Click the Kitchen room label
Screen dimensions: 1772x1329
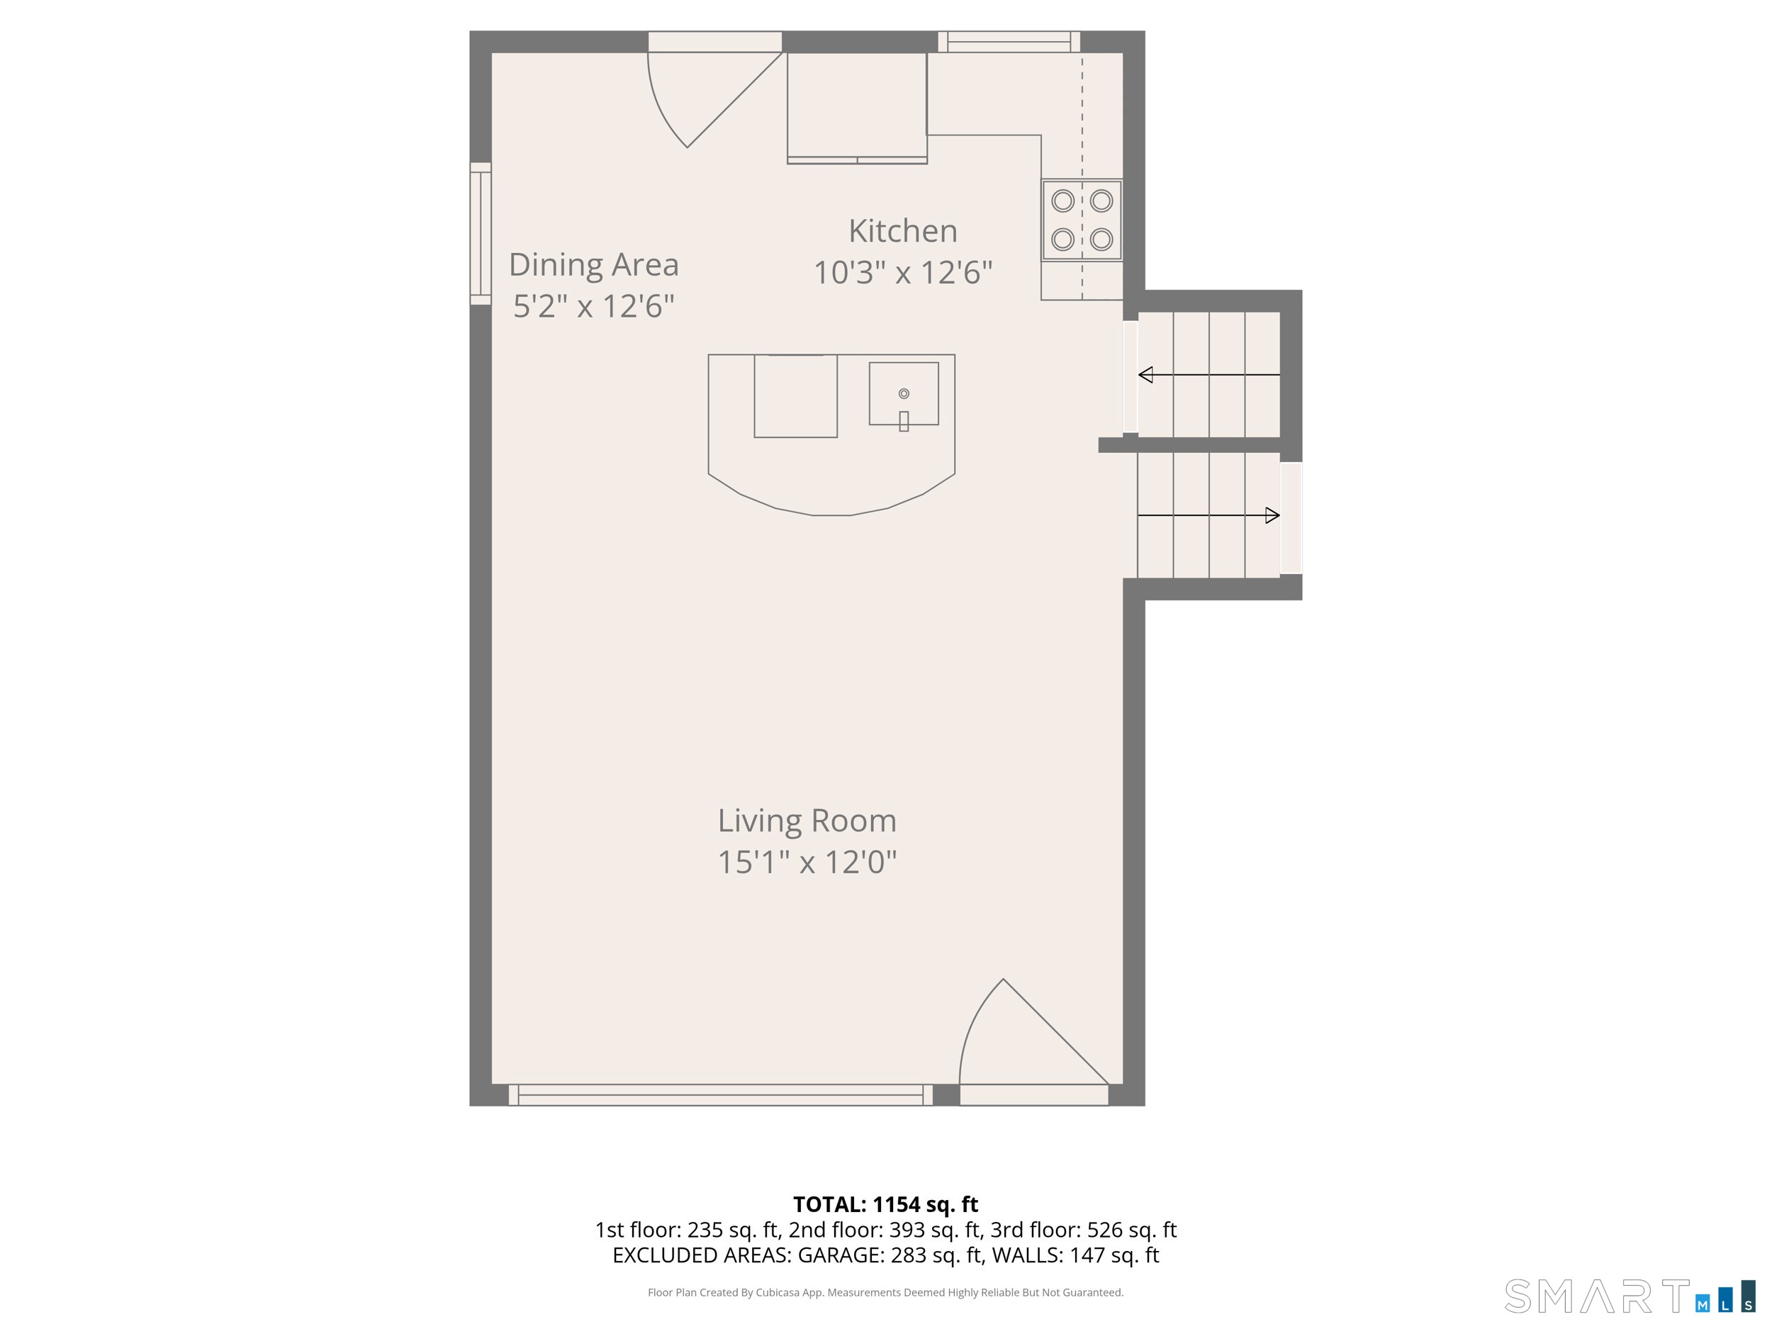(x=903, y=232)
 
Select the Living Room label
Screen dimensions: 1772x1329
(x=807, y=821)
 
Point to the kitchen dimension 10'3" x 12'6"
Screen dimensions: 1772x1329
(x=903, y=273)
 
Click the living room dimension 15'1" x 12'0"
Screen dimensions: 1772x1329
(x=807, y=863)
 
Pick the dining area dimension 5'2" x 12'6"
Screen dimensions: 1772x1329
(x=593, y=307)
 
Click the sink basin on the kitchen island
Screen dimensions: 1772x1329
(x=904, y=393)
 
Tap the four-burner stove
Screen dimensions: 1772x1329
(x=1082, y=220)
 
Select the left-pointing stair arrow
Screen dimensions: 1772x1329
(x=1209, y=375)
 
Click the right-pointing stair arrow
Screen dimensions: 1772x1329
(x=1209, y=516)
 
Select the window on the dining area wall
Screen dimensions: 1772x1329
(x=481, y=233)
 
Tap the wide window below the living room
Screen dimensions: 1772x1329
(x=721, y=1095)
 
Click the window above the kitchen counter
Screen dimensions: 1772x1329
(x=1009, y=42)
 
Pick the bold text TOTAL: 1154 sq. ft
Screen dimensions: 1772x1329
(x=886, y=1205)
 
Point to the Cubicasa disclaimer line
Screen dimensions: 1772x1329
(x=886, y=1292)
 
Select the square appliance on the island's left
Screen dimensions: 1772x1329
(x=795, y=396)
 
